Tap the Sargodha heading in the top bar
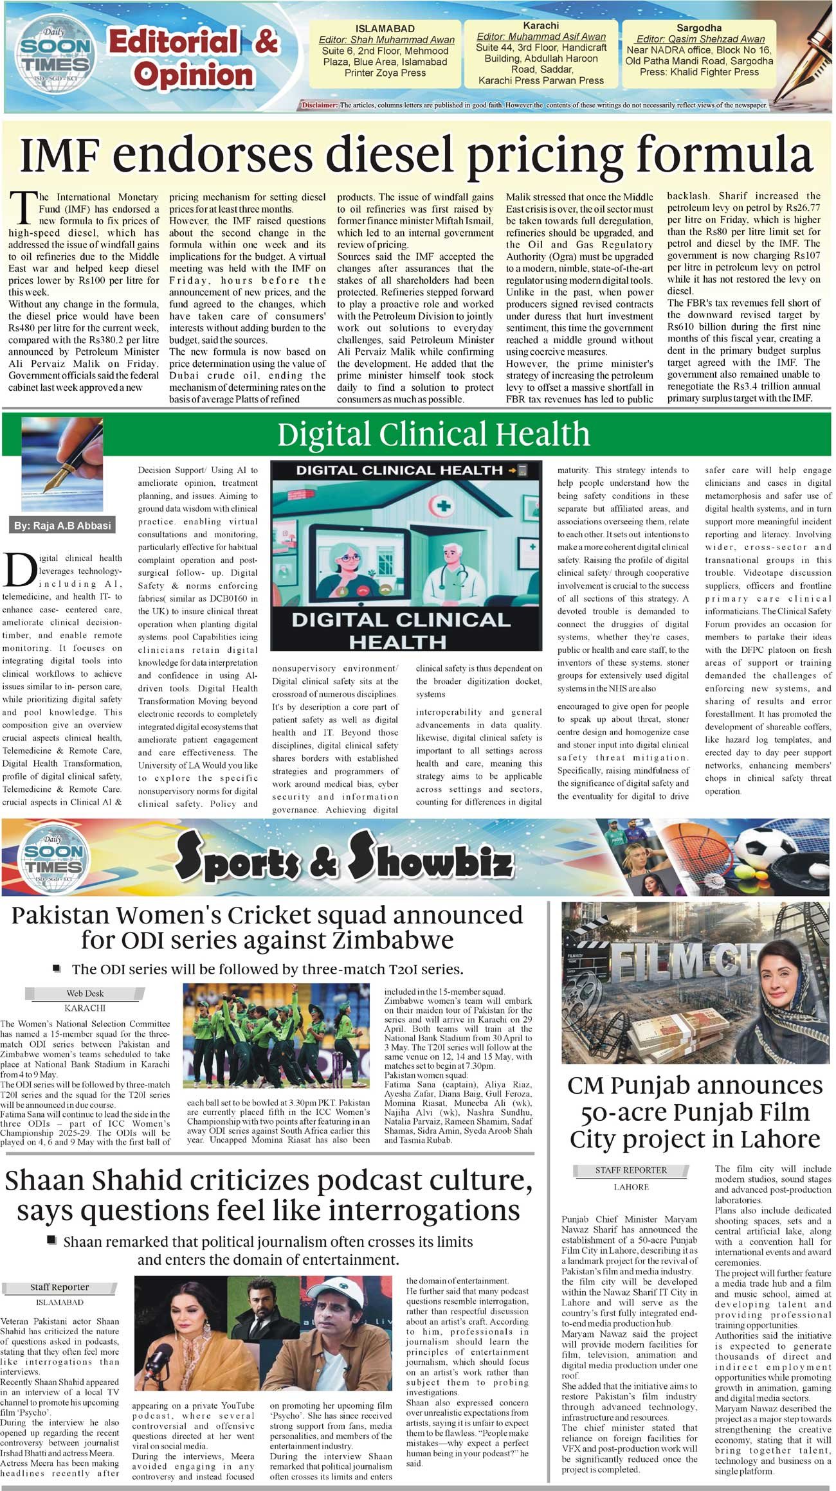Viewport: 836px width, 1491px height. click(x=698, y=28)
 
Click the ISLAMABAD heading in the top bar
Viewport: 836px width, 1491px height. click(x=385, y=29)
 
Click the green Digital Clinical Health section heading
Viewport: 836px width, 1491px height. click(x=433, y=434)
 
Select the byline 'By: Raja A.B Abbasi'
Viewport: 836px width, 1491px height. click(x=62, y=526)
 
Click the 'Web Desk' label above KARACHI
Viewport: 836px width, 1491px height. click(x=85, y=994)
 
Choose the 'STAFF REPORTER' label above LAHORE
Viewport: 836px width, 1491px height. click(x=631, y=1170)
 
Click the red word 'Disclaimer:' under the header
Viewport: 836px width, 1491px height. click(x=319, y=105)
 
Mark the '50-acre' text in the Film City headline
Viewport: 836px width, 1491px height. click(x=624, y=1113)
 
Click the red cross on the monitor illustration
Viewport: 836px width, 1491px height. click(x=442, y=506)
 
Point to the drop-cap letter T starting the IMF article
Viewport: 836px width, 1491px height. click(x=24, y=207)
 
